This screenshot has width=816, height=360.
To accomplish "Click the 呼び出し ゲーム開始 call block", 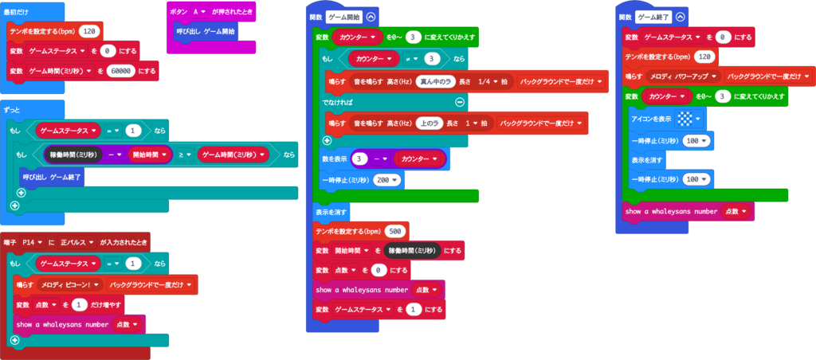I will (x=206, y=31).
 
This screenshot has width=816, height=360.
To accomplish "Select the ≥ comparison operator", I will (x=186, y=154).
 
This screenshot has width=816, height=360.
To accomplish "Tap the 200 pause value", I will (x=383, y=180).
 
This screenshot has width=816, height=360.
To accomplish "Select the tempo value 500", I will (x=394, y=230).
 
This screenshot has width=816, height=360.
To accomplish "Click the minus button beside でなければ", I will (x=460, y=102).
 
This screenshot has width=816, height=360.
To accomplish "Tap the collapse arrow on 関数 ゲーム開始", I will (x=371, y=16).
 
